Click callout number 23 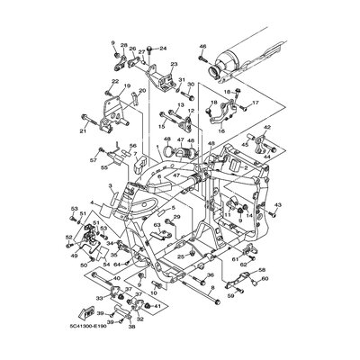tap(174, 65)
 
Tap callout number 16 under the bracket tap(221, 130)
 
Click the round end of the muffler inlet tap(214, 69)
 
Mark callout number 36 tap(210, 275)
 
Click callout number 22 tap(114, 83)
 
